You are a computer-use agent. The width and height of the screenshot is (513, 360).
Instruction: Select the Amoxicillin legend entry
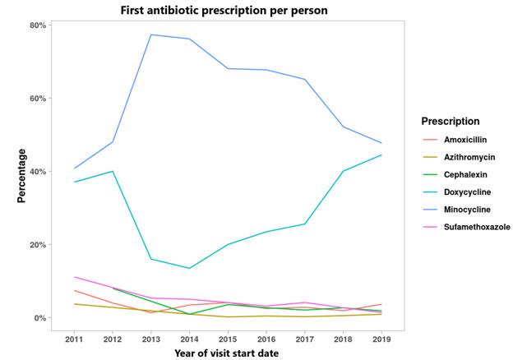tap(465, 139)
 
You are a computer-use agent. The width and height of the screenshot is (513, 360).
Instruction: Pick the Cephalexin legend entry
tap(466, 174)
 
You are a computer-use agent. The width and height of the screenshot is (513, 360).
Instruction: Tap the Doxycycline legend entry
tap(468, 192)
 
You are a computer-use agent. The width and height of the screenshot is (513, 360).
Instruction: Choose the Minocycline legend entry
tap(467, 210)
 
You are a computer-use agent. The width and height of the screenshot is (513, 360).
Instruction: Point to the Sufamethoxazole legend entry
tap(475, 228)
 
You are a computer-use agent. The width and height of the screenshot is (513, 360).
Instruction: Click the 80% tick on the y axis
tap(38, 25)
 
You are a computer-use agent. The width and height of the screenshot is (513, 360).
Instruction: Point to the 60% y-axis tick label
tap(38, 98)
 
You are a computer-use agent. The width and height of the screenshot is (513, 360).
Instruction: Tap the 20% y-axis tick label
tap(38, 245)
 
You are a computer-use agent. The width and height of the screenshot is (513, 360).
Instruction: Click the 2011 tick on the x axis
tap(75, 338)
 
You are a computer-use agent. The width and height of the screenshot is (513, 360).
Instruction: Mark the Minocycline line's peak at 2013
tap(152, 35)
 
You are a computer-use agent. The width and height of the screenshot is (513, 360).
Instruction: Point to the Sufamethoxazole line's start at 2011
tap(75, 277)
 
